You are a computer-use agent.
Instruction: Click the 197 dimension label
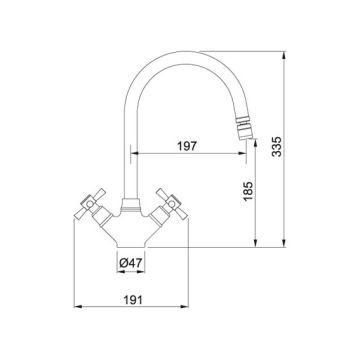coord(187,146)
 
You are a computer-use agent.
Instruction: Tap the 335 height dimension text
coord(277,146)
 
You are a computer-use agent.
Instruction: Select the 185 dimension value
coord(248,191)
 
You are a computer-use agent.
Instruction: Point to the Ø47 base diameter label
coord(131,263)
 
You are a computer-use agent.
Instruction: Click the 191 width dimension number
coord(133,300)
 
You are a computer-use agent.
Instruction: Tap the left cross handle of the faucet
coord(90,203)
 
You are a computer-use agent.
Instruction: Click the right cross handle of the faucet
coord(172,203)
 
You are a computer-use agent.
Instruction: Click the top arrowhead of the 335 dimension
coord(284,55)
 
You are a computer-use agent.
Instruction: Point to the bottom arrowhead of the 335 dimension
coord(284,243)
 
